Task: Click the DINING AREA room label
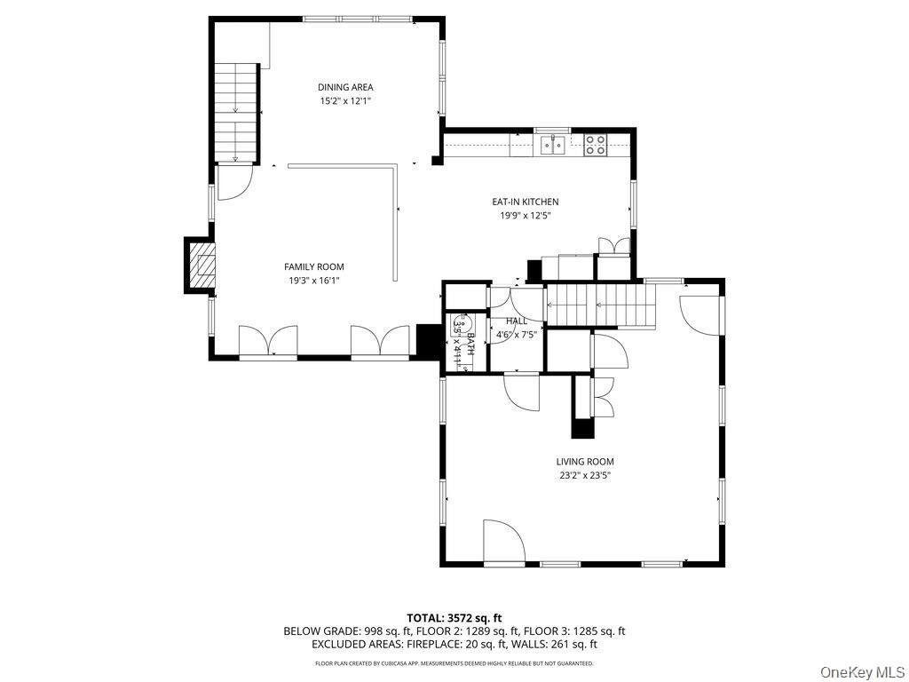coord(345,87)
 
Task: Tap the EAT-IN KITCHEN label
coord(526,202)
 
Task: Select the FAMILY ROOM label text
coord(313,266)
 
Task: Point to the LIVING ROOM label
coord(584,462)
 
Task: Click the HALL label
coord(516,321)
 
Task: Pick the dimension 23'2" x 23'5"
coord(584,476)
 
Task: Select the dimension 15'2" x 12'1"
coord(345,101)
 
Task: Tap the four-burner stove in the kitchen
coord(596,144)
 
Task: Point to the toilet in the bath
coord(459,325)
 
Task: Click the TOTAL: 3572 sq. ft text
coord(454,617)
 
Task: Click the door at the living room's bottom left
coord(503,543)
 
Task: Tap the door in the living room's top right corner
coord(700,307)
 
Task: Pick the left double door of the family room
coord(267,342)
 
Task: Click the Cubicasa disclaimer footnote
coord(454,663)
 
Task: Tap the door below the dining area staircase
coord(233,183)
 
